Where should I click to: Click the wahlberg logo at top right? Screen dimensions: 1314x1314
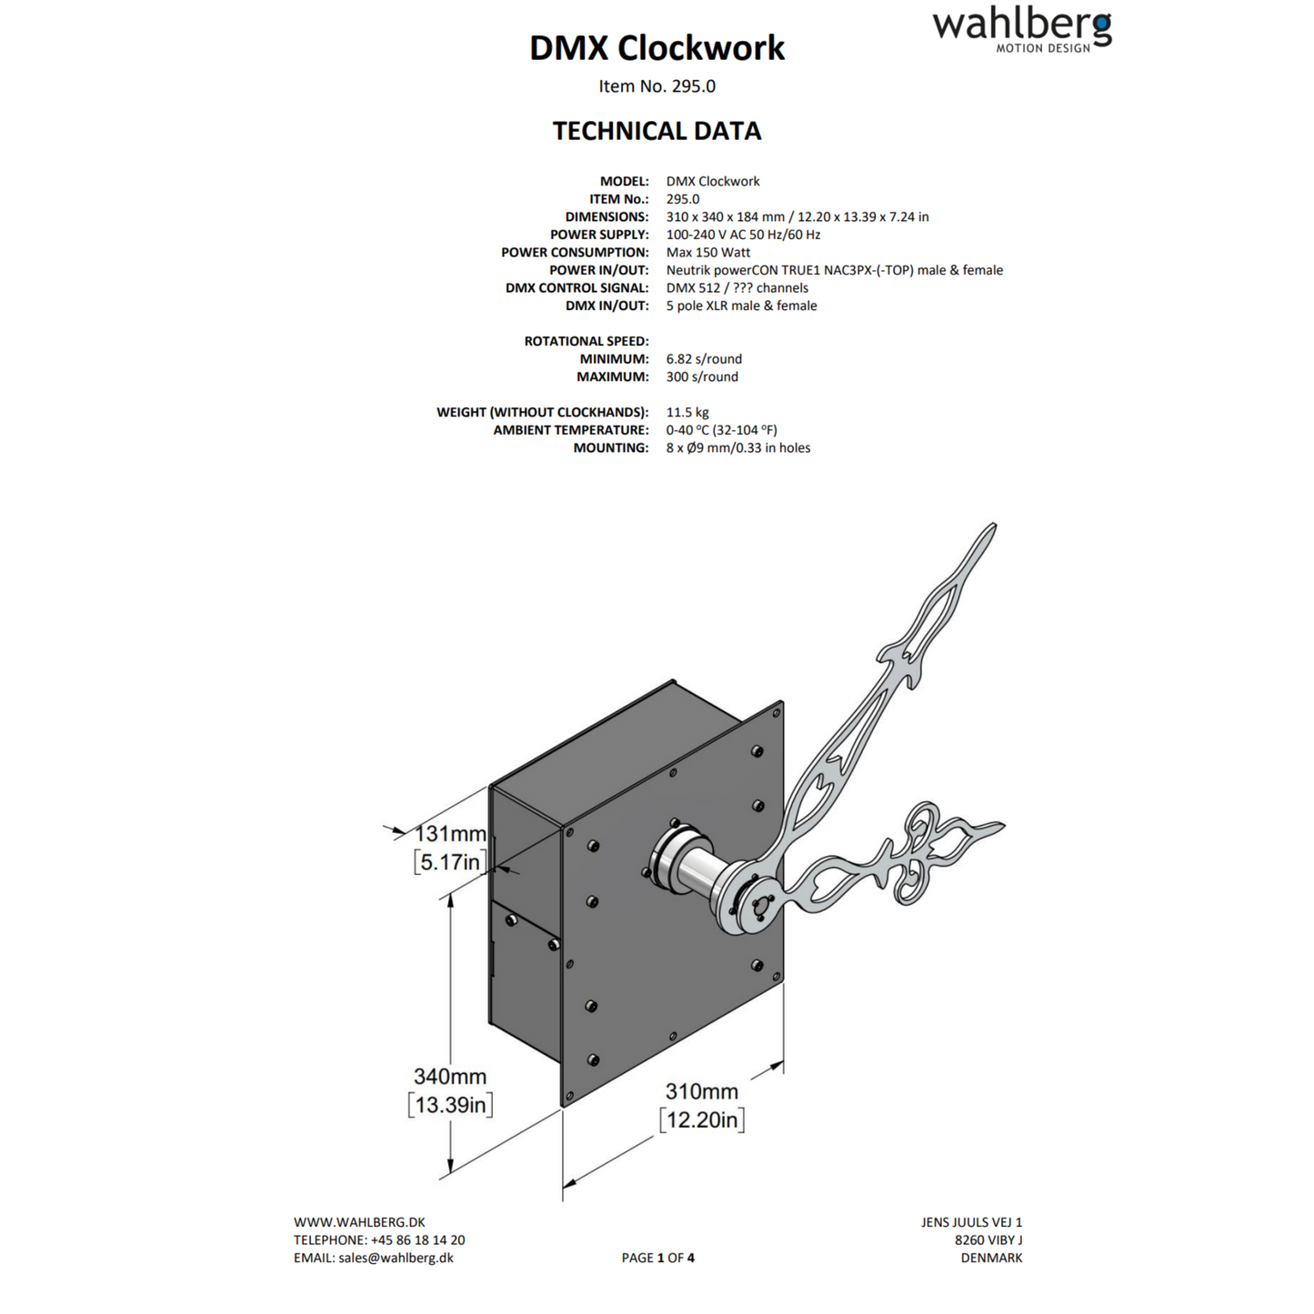[x=1021, y=31]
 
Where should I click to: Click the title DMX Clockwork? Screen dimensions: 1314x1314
[x=657, y=48]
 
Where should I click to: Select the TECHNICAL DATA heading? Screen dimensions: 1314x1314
[x=657, y=131]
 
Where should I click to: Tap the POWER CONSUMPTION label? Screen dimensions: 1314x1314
[x=575, y=252]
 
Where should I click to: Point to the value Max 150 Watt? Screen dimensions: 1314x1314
[x=707, y=252]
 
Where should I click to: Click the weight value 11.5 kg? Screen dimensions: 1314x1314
[x=687, y=412]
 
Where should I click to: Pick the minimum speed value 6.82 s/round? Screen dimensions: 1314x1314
[x=703, y=358]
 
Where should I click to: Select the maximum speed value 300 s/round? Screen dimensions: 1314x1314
[x=701, y=376]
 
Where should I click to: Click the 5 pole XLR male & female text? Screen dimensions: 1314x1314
[x=740, y=306]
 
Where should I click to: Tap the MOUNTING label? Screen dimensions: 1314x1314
[x=610, y=447]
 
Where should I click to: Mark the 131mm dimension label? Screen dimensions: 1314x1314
[x=450, y=833]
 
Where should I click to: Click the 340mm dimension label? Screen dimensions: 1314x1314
[x=450, y=1076]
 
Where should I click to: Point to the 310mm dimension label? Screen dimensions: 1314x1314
[x=701, y=1091]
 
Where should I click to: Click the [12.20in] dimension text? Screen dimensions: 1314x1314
[x=701, y=1119]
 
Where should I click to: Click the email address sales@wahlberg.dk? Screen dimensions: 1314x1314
[x=396, y=1258]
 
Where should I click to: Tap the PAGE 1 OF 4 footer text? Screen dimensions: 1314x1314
[x=657, y=1258]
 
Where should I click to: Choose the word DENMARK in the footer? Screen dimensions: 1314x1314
[x=991, y=1258]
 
